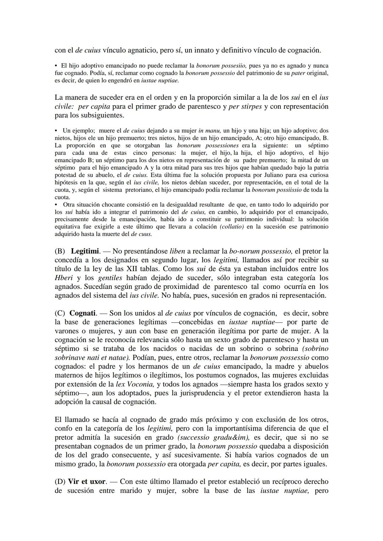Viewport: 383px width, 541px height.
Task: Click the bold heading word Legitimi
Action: tap(85, 251)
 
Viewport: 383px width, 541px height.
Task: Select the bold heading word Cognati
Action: tap(83, 313)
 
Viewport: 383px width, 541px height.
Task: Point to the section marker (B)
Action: tap(60, 251)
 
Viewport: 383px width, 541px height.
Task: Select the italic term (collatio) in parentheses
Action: tap(232, 227)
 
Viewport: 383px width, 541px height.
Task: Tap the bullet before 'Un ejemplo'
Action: tap(56, 131)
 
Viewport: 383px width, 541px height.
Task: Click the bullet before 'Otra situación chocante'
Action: tap(56, 205)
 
